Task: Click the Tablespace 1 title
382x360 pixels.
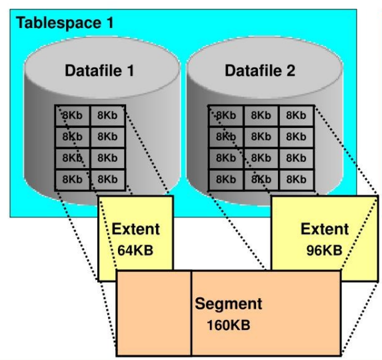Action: point(65,23)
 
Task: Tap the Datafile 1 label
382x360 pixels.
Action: point(99,71)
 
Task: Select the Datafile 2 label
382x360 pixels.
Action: point(260,71)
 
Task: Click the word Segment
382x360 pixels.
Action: point(229,304)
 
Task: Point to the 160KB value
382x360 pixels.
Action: point(229,325)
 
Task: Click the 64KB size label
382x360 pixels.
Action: point(135,251)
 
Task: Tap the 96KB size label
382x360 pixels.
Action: point(324,251)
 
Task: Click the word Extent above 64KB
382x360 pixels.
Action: point(136,229)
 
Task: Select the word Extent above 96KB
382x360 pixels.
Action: point(325,229)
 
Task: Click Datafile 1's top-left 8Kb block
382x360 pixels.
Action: point(73,115)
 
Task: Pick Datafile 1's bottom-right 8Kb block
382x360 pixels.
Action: point(108,180)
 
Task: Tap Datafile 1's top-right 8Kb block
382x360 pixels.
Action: point(108,115)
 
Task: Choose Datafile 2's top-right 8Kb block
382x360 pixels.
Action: point(296,115)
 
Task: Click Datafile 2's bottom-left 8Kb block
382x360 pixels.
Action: point(226,180)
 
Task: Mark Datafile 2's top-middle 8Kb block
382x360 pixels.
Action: point(261,115)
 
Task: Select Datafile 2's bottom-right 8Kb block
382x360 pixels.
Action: point(296,180)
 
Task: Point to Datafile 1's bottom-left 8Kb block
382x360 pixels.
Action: point(73,180)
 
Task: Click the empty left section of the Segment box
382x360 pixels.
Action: point(154,313)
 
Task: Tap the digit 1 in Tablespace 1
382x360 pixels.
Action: point(110,23)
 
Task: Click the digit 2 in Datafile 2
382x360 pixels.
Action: point(291,71)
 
